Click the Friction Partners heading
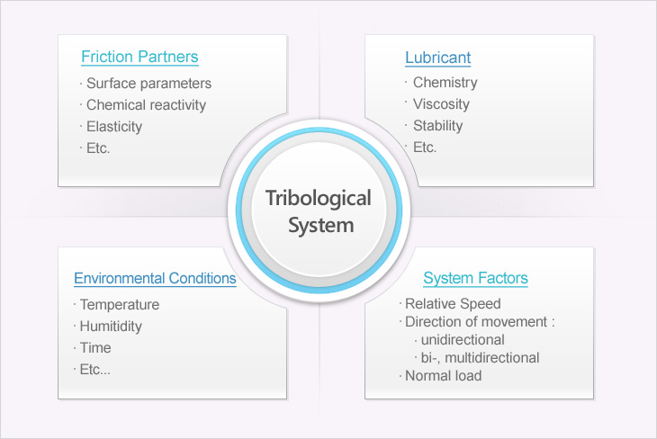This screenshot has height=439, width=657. point(139,57)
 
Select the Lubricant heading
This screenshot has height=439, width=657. point(438,58)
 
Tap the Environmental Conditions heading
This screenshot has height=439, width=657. point(155,278)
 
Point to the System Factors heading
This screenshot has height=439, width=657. point(475,278)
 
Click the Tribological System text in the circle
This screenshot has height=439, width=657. point(319,212)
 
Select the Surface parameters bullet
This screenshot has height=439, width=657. point(148,84)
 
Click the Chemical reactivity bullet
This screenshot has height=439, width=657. point(146,104)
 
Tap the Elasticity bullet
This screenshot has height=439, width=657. point(114,127)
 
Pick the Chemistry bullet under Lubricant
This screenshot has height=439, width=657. point(445,83)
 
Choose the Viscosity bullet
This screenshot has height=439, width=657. point(441,103)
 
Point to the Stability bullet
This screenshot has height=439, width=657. point(438,126)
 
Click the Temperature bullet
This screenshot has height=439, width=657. point(120,305)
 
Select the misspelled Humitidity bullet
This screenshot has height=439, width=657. point(111,327)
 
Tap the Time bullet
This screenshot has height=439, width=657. point(95,347)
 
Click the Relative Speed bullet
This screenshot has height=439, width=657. point(453,304)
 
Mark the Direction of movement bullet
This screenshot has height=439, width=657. point(480,322)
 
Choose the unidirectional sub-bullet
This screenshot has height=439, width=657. point(463,340)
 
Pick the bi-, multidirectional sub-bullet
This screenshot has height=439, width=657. point(481,358)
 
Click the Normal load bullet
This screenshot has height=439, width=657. point(444,376)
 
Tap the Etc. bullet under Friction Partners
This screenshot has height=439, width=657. point(98,148)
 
